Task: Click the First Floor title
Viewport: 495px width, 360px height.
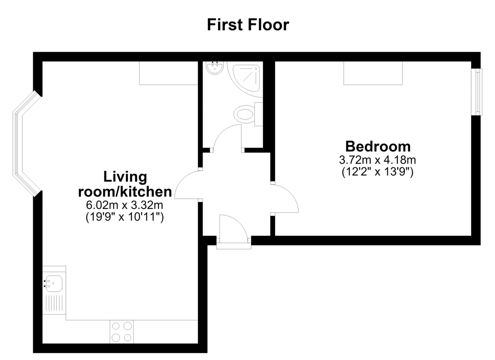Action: pos(248,25)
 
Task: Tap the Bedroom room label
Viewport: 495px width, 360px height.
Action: pos(378,146)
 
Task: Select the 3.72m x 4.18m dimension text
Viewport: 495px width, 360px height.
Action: pos(377,160)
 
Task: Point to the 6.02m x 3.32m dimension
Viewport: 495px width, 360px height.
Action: pos(125,205)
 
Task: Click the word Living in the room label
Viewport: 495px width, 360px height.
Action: pos(125,177)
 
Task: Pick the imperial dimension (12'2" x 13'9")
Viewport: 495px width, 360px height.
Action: pos(377,172)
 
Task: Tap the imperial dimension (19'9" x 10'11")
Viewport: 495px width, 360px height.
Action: pos(125,217)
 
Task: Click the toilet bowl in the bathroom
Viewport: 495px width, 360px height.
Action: pos(244,114)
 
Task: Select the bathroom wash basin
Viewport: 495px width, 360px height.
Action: pos(214,68)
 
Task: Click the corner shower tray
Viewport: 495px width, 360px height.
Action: pos(246,78)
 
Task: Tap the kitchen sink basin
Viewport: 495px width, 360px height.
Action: pos(53,284)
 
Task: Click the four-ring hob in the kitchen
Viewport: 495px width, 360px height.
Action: pos(122,332)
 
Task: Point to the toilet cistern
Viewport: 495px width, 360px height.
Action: pos(259,114)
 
